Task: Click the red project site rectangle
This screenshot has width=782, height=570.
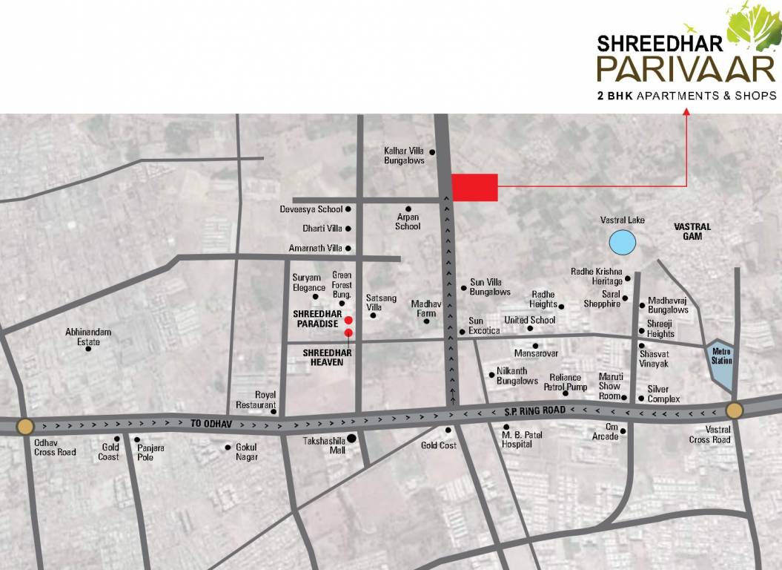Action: tap(474, 187)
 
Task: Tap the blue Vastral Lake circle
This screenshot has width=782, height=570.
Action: tap(622, 241)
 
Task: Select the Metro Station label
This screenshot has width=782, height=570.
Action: tap(721, 356)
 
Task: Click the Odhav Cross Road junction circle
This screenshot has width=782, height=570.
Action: tap(24, 426)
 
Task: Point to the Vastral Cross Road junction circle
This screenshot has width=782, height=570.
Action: tap(734, 410)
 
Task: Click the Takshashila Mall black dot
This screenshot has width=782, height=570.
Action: tap(351, 439)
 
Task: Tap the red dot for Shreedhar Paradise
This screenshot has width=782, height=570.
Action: tap(348, 320)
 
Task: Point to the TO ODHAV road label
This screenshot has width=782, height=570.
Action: tap(207, 422)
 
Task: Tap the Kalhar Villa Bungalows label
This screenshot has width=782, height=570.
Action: tap(404, 155)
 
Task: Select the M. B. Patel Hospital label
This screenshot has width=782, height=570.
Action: tap(517, 439)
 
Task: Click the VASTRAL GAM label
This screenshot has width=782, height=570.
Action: tap(692, 231)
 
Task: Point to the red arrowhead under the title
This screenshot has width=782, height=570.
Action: tap(686, 112)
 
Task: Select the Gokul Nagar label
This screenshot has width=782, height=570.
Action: tap(246, 452)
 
